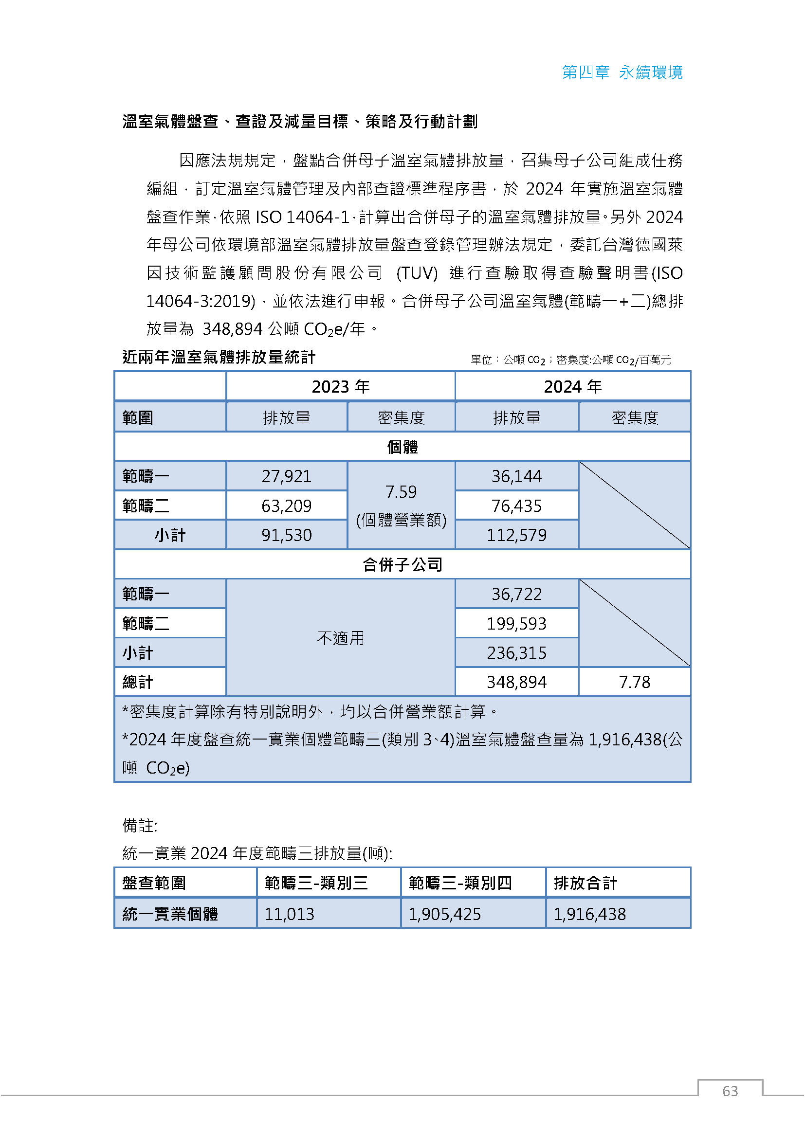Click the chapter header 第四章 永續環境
pos(622,72)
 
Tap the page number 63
pos(730,1091)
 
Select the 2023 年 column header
pos(341,387)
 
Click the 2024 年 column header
pos(572,387)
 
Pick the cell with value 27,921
pos(287,476)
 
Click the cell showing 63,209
pos(287,506)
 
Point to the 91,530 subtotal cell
pos(287,535)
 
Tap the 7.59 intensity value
pos(401,492)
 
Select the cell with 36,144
pos(516,476)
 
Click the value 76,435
pos(516,506)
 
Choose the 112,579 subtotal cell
pos(516,535)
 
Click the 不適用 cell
pos(341,638)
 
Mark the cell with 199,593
pos(516,624)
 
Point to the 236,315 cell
pos(516,653)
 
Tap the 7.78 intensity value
pos(635,682)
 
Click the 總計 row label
pos(138,682)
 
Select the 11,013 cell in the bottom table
pos(290,914)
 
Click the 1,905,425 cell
pos(445,914)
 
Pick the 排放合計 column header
pos(585,883)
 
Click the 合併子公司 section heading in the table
pos(402,564)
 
